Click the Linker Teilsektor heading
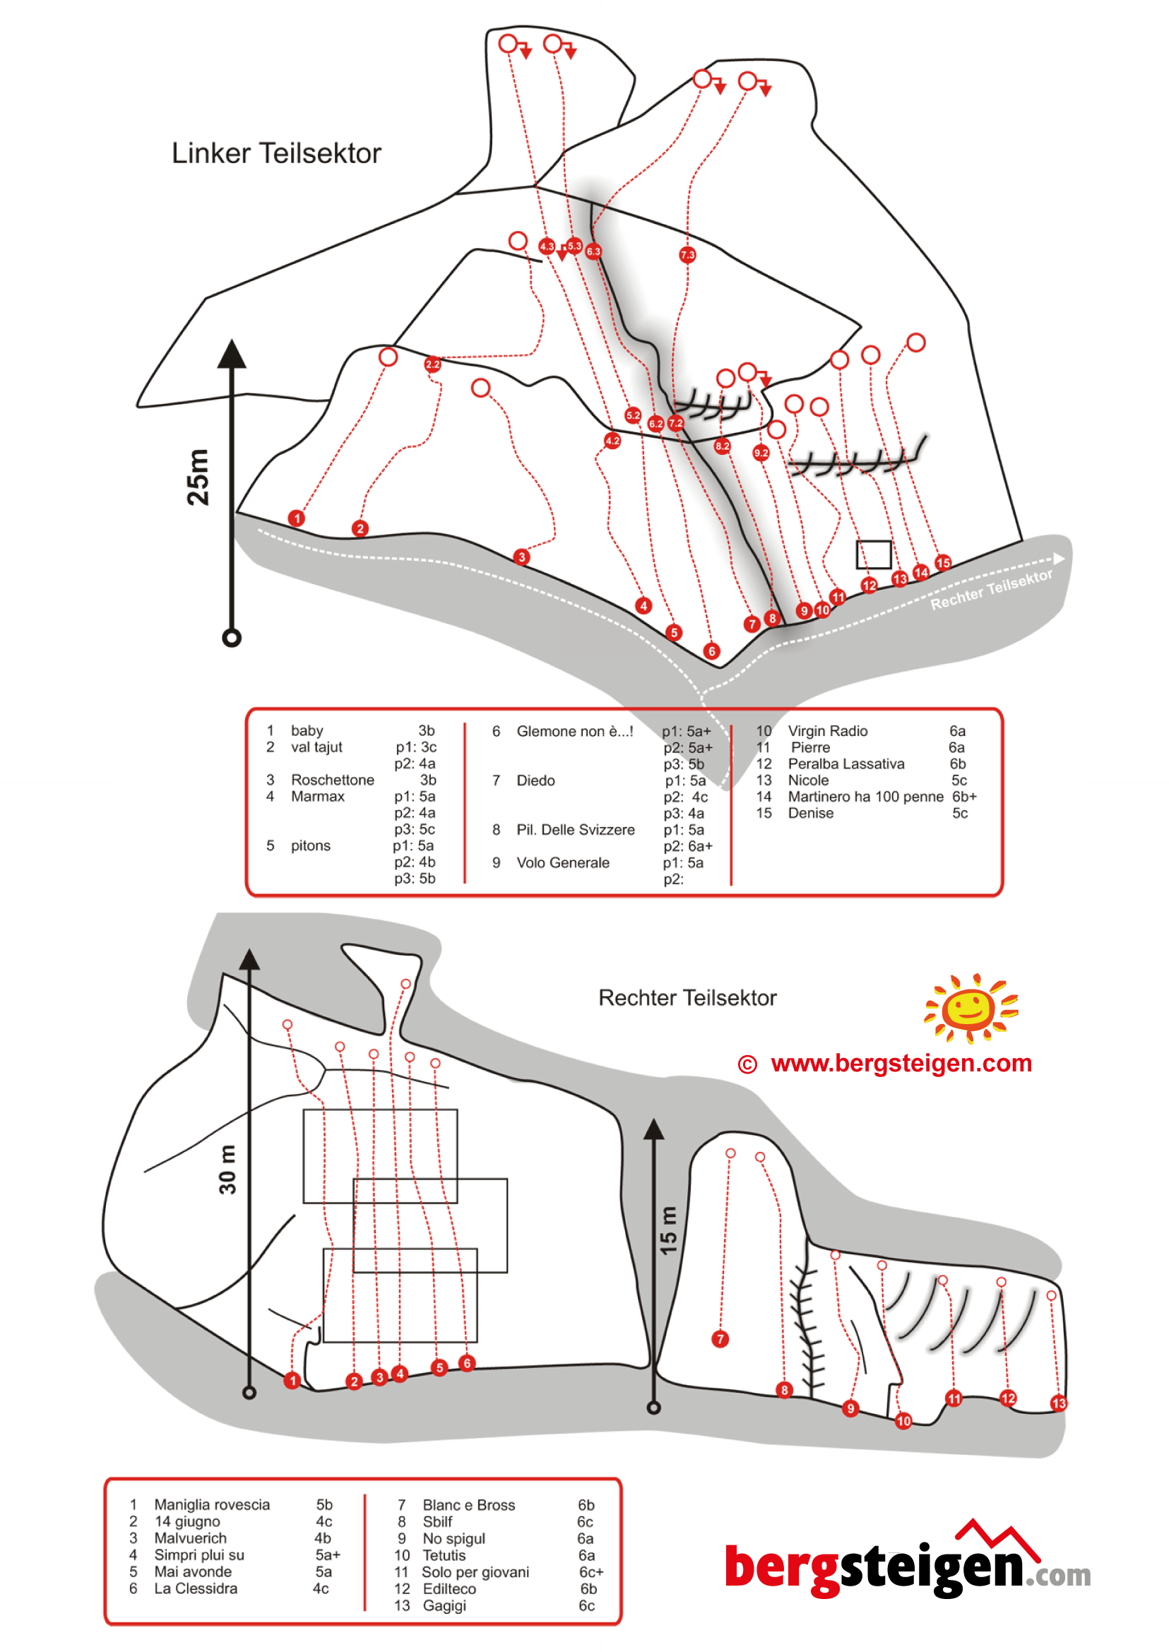point(275,153)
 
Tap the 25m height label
point(198,477)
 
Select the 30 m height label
point(227,1170)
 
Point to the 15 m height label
point(669,1231)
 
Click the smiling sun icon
point(971,1008)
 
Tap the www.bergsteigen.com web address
point(901,1063)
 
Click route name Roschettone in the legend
point(333,780)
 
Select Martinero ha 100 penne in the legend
point(865,797)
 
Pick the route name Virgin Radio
point(828,731)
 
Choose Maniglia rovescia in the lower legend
point(213,1505)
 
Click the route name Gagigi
point(445,1606)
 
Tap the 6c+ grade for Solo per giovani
point(591,1572)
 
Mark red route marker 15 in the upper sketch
point(943,563)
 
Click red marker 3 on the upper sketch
point(522,557)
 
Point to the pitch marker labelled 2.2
point(432,364)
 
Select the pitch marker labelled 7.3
point(687,255)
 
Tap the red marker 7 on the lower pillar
point(720,1339)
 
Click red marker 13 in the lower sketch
point(1058,1403)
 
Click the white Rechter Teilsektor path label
point(991,590)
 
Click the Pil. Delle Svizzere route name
point(576,830)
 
